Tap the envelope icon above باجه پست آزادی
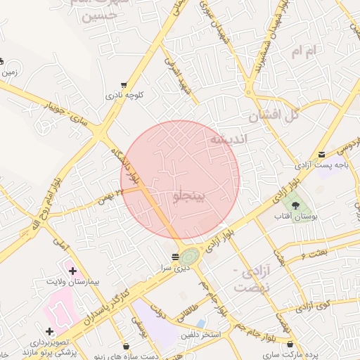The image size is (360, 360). tap(321, 155)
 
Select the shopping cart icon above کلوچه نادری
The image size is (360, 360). tap(124, 85)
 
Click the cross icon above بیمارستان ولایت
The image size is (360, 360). tap(72, 270)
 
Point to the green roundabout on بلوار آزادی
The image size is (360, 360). tap(189, 256)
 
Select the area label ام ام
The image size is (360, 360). tap(307, 51)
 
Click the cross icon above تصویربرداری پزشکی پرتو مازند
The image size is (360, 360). tap(49, 330)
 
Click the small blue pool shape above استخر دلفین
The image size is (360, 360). tap(200, 323)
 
